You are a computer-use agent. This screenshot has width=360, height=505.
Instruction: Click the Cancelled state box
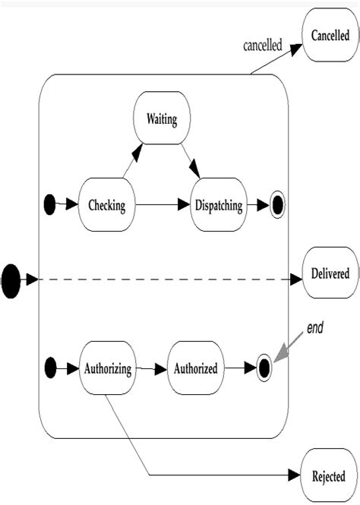click(x=330, y=35)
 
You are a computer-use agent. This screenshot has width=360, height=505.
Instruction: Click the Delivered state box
click(x=330, y=273)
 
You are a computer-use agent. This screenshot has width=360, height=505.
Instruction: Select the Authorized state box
click(x=196, y=369)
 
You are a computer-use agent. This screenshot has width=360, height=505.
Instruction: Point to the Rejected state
click(x=330, y=476)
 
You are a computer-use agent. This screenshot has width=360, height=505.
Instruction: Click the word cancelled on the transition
click(x=263, y=46)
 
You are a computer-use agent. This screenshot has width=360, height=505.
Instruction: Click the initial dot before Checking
click(x=51, y=204)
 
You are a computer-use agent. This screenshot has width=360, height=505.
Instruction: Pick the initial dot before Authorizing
click(x=51, y=369)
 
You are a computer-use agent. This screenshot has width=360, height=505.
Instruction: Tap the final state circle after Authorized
click(x=264, y=369)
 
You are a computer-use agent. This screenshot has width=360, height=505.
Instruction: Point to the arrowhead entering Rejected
click(x=295, y=476)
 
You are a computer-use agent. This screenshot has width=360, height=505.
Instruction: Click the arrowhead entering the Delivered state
click(x=295, y=280)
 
